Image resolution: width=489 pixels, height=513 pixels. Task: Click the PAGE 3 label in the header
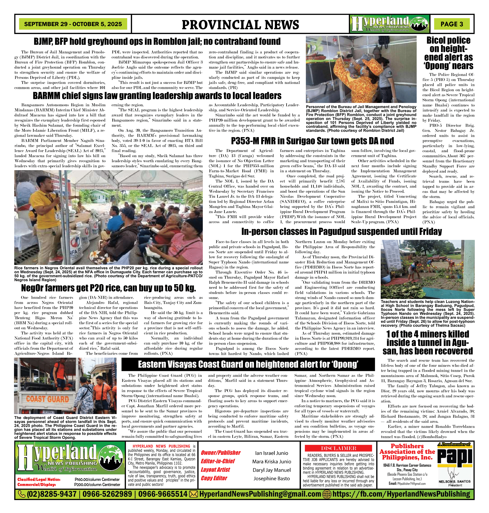pyautogui.click(x=452, y=24)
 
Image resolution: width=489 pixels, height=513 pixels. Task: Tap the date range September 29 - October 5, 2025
pyautogui.click(x=73, y=24)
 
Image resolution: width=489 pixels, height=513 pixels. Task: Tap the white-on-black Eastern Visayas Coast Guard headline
pyautogui.click(x=248, y=364)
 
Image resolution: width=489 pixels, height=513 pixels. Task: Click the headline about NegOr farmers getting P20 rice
pyautogui.click(x=109, y=288)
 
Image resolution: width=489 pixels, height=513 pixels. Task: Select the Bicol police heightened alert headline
pyautogui.click(x=448, y=53)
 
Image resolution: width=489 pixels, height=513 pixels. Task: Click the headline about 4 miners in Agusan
pyautogui.click(x=428, y=342)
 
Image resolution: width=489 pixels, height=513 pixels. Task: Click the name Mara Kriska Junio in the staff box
pyautogui.click(x=271, y=461)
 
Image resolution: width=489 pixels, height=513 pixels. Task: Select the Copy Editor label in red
pyautogui.click(x=214, y=478)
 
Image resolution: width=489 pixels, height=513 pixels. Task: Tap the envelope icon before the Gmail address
pyautogui.click(x=193, y=494)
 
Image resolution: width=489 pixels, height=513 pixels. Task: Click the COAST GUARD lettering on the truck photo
pyautogui.click(x=47, y=399)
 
